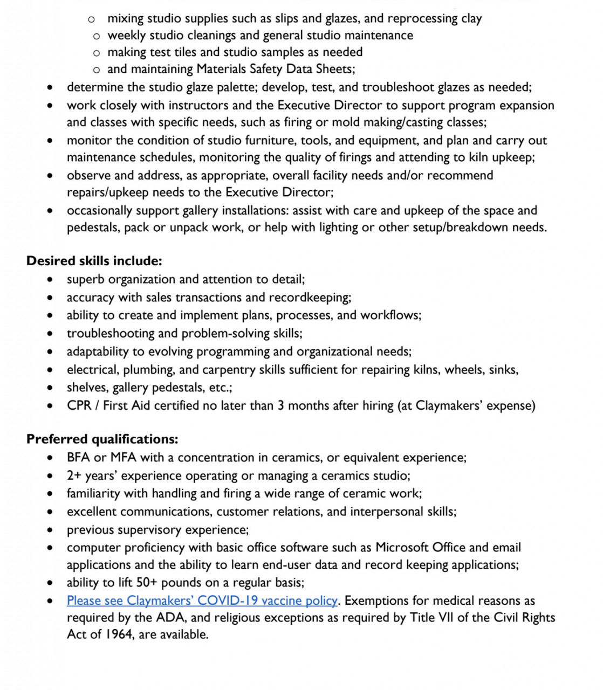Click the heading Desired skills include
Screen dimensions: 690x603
tap(94, 261)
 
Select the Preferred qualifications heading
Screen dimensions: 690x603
tap(102, 439)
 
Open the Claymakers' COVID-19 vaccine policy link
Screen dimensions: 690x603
tap(202, 601)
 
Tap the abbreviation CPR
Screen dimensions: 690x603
tap(79, 405)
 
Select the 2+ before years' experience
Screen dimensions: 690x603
tap(74, 475)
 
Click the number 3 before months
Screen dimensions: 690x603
tap(280, 405)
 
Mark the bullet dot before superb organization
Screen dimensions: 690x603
tap(50, 279)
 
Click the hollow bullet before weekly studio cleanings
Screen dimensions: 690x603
tap(96, 36)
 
